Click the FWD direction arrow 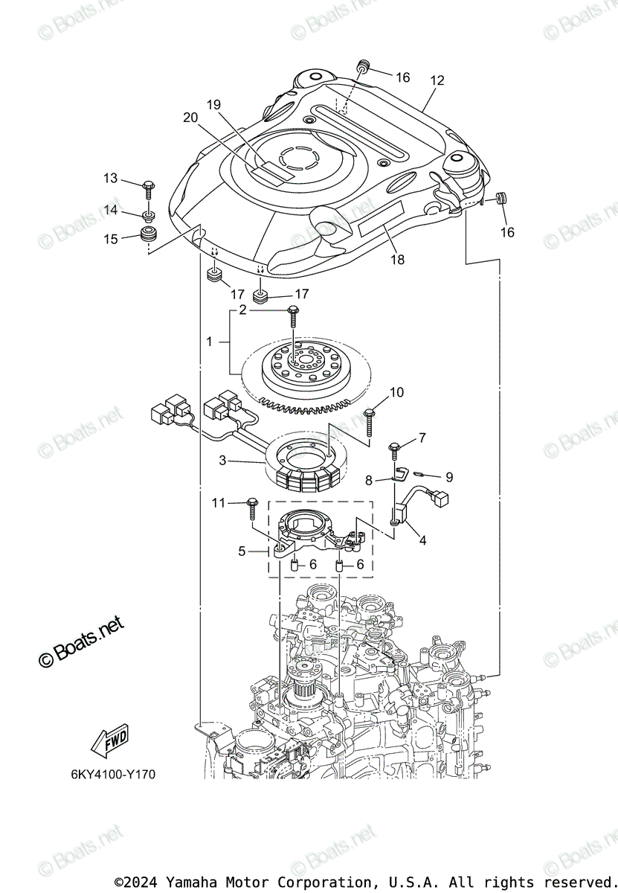pos(109,740)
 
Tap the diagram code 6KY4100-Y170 pos(113,775)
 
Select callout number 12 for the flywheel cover pos(437,80)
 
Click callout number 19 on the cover pos(214,105)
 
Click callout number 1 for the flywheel pos(209,342)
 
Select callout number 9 pos(448,477)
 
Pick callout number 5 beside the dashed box pos(242,551)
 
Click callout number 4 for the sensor pos(422,541)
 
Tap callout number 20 pos(190,117)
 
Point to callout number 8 pos(369,480)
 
